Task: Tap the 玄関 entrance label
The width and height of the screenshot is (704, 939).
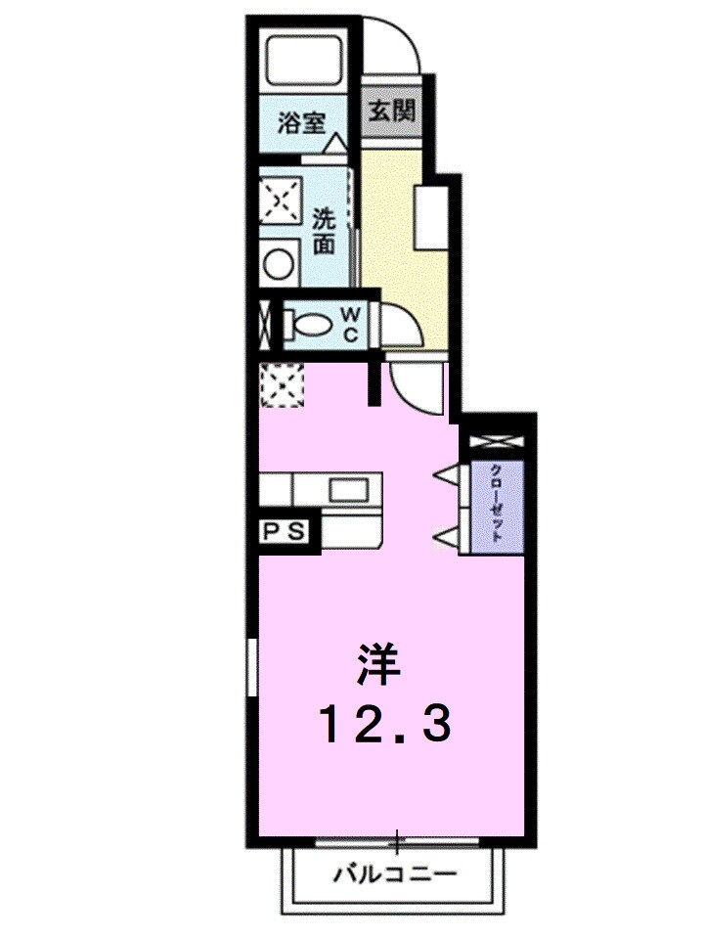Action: pos(391,110)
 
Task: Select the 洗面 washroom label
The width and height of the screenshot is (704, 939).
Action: pos(325,231)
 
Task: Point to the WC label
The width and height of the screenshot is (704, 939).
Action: pos(351,324)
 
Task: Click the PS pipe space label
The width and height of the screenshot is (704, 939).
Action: pos(285,533)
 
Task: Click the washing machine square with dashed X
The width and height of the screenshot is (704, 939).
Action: pos(281,201)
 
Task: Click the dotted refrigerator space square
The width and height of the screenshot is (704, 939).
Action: pos(284,382)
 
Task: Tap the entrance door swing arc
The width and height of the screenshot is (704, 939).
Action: pos(396,44)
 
